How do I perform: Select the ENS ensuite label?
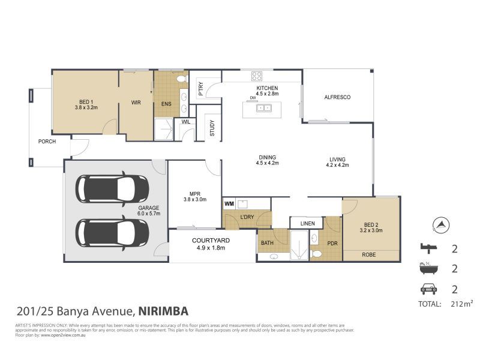(x=166, y=103)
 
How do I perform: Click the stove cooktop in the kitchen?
(x=257, y=76)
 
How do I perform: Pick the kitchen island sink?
(x=263, y=109)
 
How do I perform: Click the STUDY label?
(x=212, y=128)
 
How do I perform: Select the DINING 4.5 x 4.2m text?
(x=268, y=159)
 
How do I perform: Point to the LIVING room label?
(x=337, y=159)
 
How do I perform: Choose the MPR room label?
(x=194, y=193)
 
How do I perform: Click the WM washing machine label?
(x=229, y=204)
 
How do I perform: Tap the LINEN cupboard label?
(x=307, y=224)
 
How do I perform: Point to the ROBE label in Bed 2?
(x=370, y=255)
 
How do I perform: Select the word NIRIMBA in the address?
(x=164, y=311)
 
